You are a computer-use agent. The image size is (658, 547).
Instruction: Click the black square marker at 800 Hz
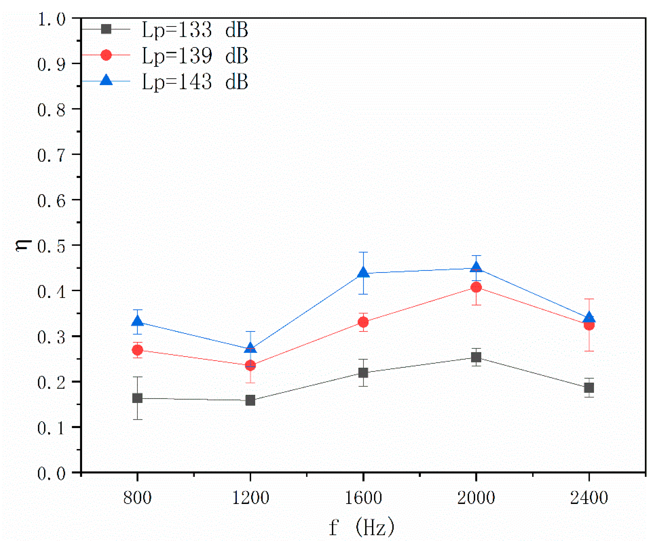[x=137, y=398]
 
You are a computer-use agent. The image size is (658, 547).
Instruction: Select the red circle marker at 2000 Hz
[x=476, y=287]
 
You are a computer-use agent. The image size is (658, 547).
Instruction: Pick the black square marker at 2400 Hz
[x=589, y=388]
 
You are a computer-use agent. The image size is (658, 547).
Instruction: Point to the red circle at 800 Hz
[x=137, y=350]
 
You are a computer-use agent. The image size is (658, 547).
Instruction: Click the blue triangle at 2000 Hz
[x=476, y=268]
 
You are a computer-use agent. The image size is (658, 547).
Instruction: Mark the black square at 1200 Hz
[x=250, y=400]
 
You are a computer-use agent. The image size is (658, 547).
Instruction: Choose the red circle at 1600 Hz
[x=363, y=322]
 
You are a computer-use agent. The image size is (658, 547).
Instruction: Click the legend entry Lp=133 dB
[x=194, y=30]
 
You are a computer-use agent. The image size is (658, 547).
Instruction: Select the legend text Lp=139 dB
[x=194, y=56]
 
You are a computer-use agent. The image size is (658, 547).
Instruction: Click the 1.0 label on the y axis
[x=51, y=19]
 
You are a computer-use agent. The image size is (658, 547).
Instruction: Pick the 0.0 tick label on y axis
[x=51, y=474]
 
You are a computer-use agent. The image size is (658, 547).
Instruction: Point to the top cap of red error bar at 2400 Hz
[x=589, y=299]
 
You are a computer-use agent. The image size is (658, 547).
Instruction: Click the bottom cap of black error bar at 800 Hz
[x=137, y=419]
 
